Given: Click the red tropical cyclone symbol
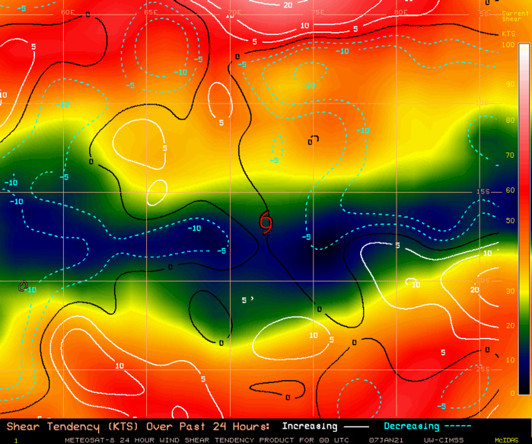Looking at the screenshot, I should coord(266,221).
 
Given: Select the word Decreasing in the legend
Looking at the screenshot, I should coord(412,426).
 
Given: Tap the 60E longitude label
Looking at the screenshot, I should coord(67,13).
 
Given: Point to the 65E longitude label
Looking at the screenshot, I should coord(151,13).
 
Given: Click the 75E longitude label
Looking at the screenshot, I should coord(317,13).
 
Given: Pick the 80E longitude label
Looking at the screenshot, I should coord(401,13).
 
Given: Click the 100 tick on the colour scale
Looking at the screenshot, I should coord(508,45).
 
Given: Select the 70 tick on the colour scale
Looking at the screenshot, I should coord(508,155).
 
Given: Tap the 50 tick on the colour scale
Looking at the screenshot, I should coord(508,221).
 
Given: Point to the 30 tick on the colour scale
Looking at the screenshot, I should coord(508,292).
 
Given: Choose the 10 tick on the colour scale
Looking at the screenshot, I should coord(508,359).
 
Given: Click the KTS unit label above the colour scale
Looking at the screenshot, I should coord(508,34).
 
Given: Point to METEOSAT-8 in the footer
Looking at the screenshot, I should coord(90,439).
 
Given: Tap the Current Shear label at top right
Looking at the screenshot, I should coord(511,17).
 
